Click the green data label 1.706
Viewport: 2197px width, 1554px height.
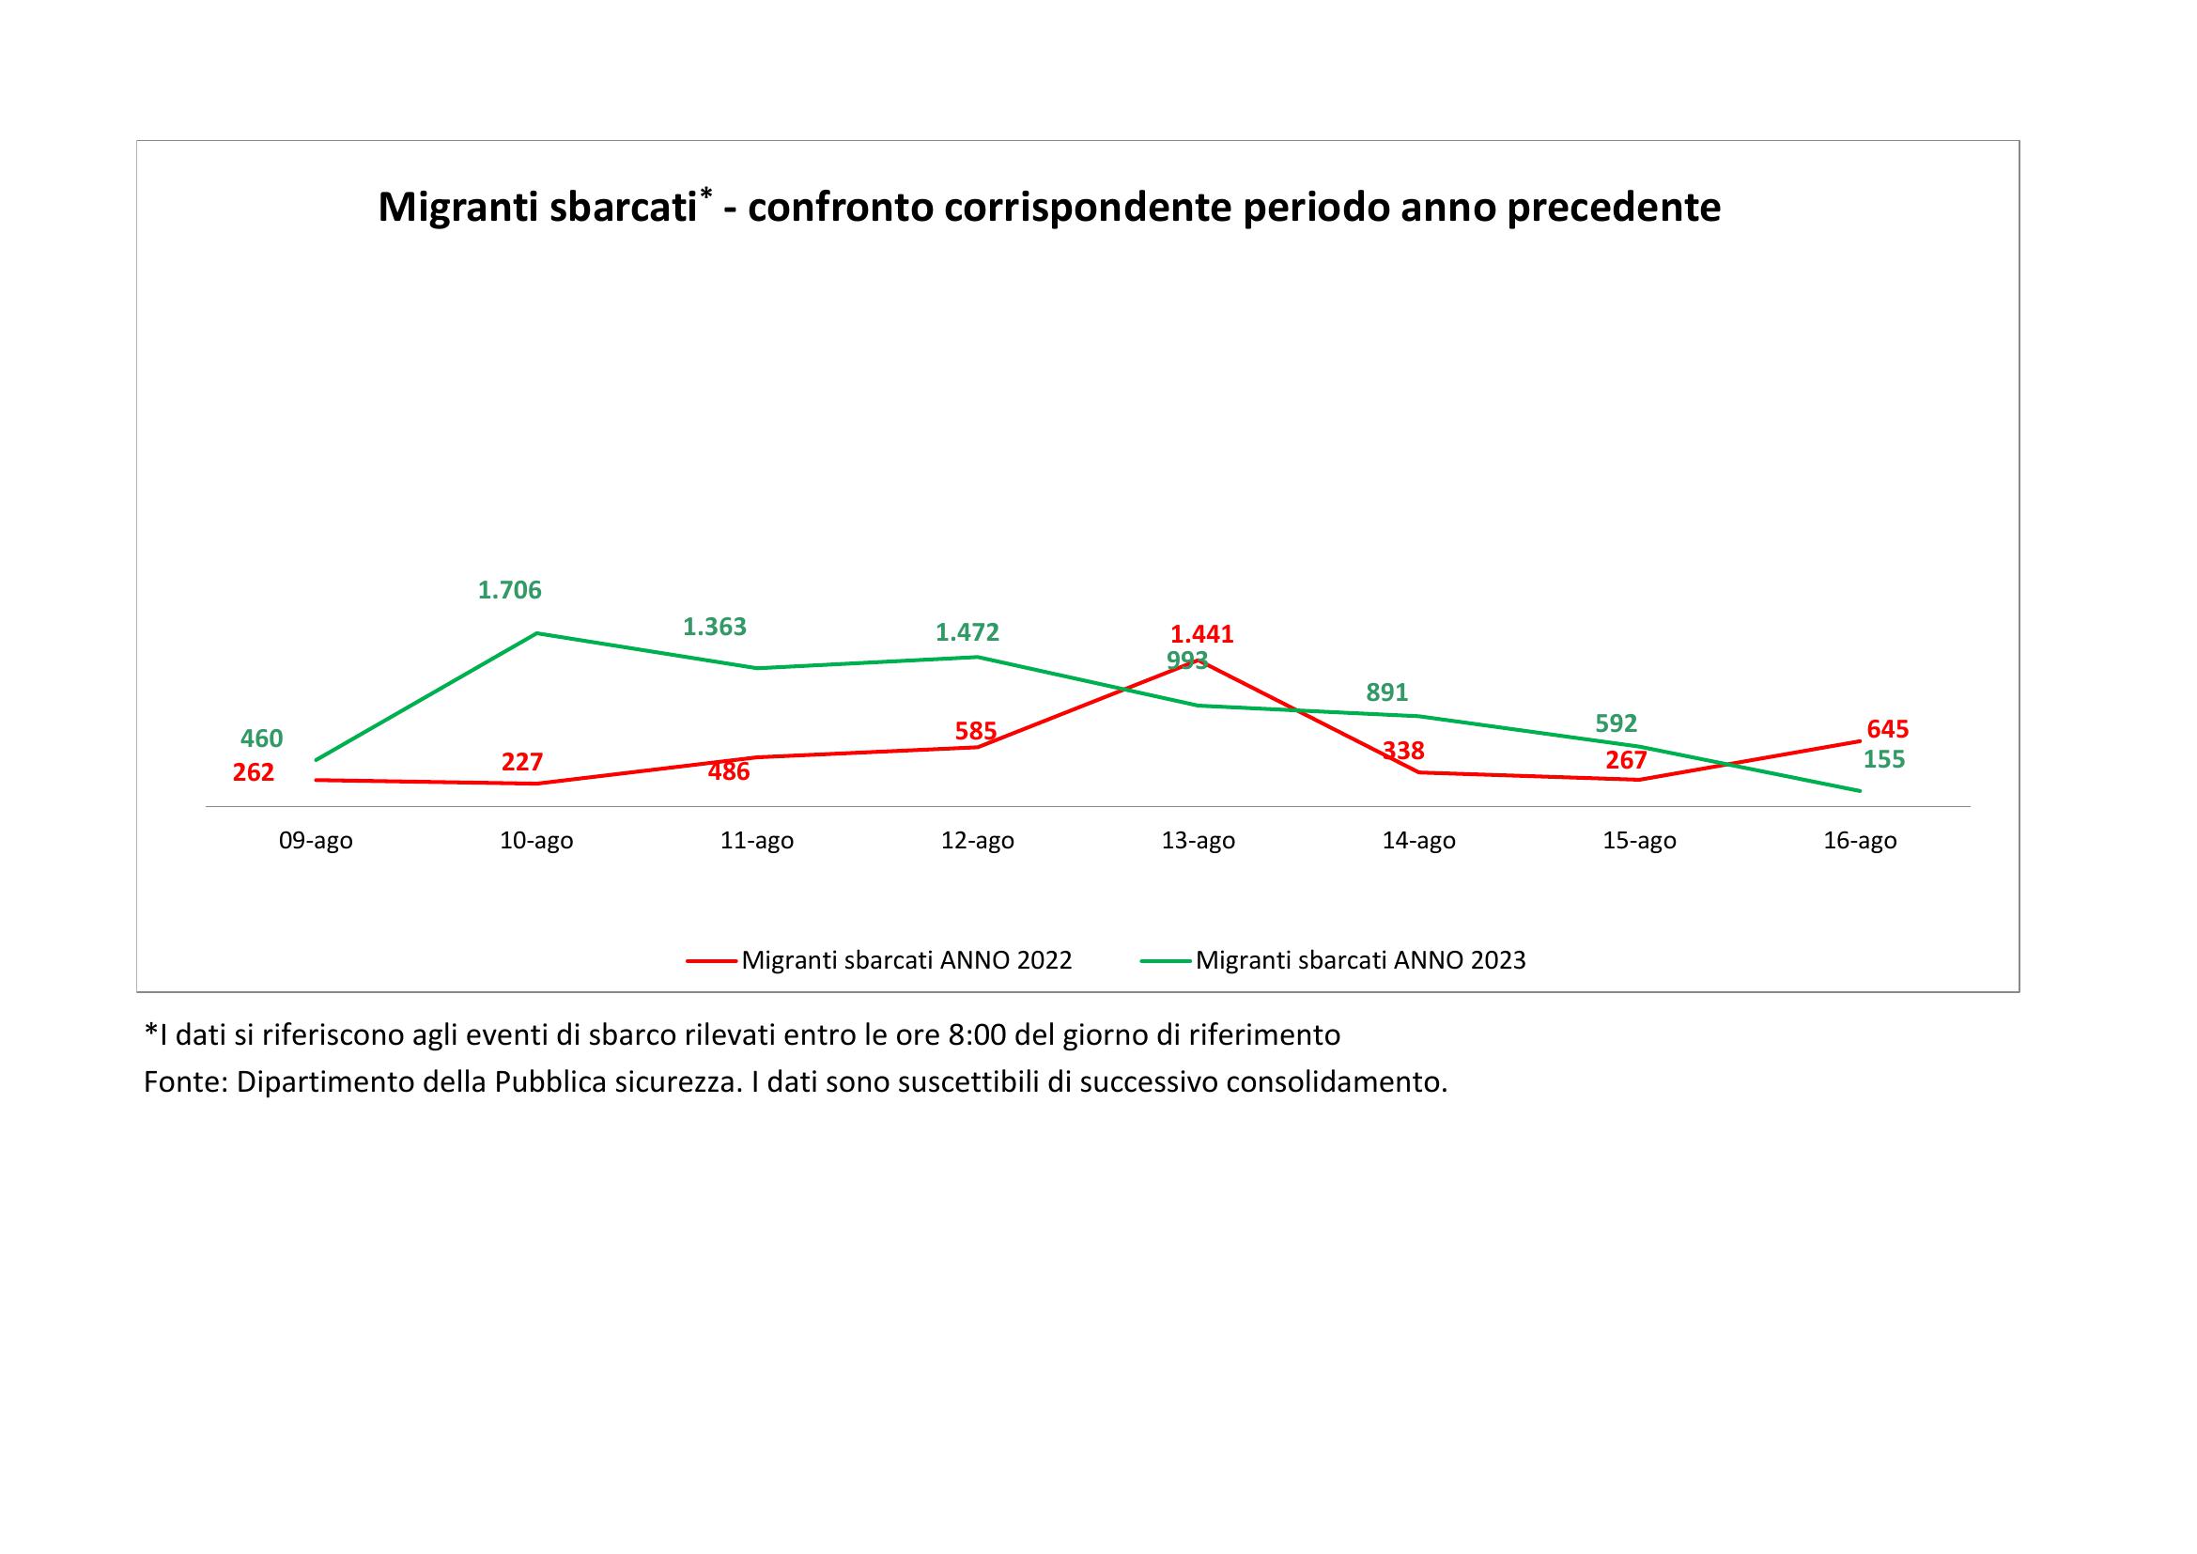pos(509,590)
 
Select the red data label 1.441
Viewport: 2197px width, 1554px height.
pos(1202,633)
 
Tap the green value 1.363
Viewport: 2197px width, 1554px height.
pos(714,627)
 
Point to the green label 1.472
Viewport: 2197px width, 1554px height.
pos(967,632)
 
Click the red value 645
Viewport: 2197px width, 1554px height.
pos(1887,729)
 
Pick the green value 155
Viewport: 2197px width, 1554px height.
pos(1884,760)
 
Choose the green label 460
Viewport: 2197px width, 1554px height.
pos(261,738)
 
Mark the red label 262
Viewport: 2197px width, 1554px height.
pos(254,772)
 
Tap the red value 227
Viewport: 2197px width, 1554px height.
pos(522,762)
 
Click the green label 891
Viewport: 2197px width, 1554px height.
pos(1386,692)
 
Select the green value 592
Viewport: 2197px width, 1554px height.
pos(1617,723)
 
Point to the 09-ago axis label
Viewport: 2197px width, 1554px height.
pos(316,841)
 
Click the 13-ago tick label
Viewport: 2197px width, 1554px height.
pos(1198,841)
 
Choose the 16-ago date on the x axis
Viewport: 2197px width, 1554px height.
pos(1859,841)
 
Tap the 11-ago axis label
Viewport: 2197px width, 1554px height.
pos(757,841)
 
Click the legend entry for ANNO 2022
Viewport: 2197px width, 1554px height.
pos(905,961)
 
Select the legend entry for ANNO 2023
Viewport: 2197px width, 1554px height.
pos(1360,961)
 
